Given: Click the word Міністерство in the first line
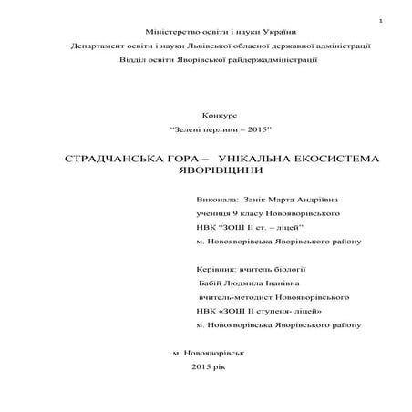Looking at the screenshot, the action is tap(156, 30).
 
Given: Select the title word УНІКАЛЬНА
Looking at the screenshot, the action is tap(260, 158).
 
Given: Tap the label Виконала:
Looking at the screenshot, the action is tap(216, 199).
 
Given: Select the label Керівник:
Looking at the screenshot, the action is tap(215, 270).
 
